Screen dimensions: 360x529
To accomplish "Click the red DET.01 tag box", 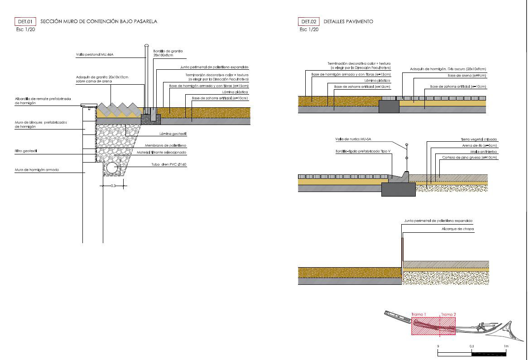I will click(25, 21).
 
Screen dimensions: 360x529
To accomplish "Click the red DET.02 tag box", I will click(308, 21).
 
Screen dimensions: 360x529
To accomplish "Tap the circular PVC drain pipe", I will click(111, 168).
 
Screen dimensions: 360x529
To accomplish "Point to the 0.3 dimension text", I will click(113, 185).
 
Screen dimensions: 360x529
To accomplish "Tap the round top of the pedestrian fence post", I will click(146, 45).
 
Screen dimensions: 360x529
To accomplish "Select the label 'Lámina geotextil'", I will click(173, 134).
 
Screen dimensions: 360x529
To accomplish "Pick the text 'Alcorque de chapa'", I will click(458, 229).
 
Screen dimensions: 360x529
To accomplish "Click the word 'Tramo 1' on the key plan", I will click(418, 314).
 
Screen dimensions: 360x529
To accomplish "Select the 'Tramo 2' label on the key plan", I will click(448, 314).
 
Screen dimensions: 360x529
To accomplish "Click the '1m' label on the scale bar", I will click(506, 346).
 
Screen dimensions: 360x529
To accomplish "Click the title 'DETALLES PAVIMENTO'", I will click(348, 21).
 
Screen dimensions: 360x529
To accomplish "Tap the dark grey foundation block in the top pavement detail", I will click(389, 106).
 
